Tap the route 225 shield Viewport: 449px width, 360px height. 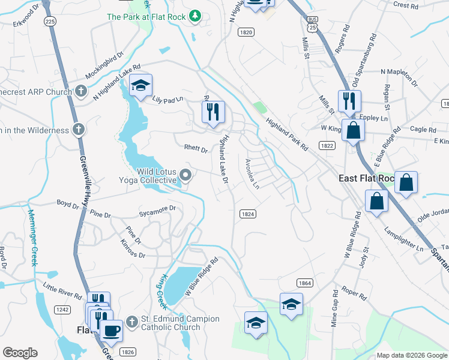[x=50, y=21]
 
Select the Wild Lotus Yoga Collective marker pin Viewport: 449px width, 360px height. [x=186, y=176]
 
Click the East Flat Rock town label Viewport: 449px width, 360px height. [x=366, y=178]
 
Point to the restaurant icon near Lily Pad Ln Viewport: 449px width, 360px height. [x=213, y=112]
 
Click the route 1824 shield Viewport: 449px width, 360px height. [x=247, y=214]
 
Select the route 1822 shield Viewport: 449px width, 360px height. [x=327, y=145]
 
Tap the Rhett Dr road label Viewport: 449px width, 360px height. [x=196, y=149]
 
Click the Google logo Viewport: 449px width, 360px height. [x=20, y=353]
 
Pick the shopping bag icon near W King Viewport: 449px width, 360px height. [x=354, y=130]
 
